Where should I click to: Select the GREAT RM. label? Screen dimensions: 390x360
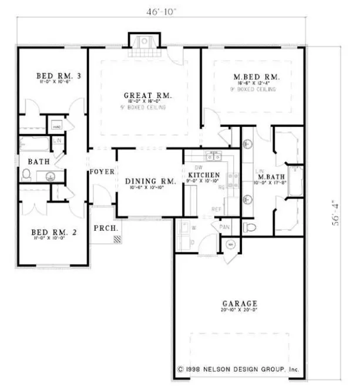click(x=147, y=95)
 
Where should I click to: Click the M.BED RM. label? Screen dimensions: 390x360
click(x=256, y=77)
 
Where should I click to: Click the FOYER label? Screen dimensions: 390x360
click(x=101, y=172)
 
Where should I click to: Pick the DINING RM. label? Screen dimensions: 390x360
click(x=150, y=181)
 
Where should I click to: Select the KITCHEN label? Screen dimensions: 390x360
click(x=204, y=175)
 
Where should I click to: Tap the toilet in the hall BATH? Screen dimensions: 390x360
click(x=26, y=174)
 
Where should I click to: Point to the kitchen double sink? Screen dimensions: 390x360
click(x=214, y=156)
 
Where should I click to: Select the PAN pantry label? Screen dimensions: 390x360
click(x=224, y=226)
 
